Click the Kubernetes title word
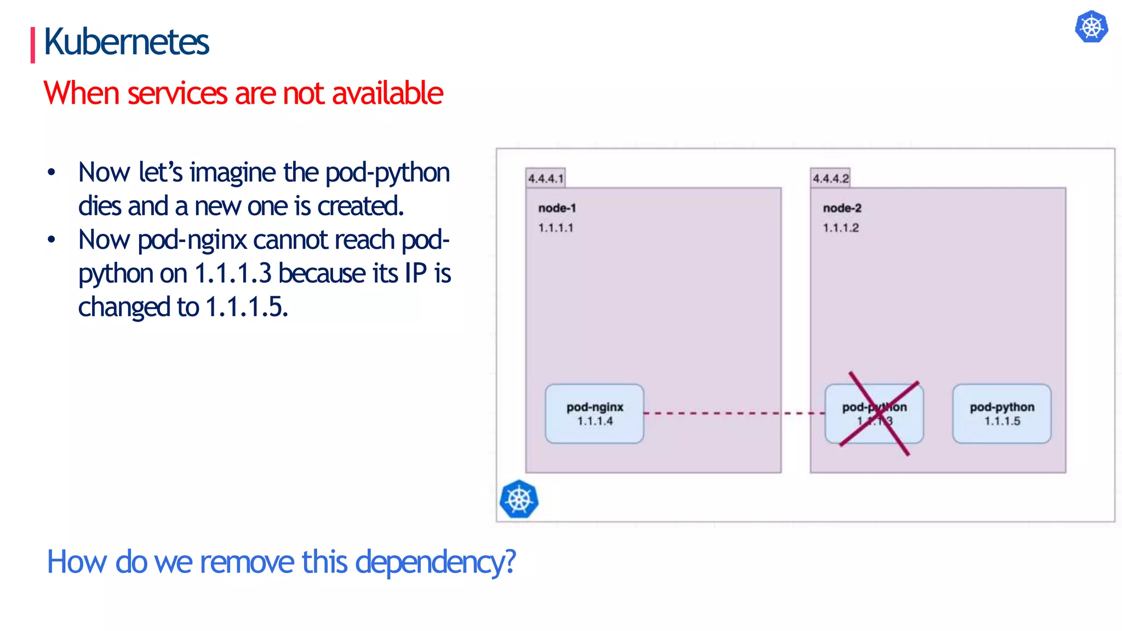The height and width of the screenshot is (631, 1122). click(x=126, y=42)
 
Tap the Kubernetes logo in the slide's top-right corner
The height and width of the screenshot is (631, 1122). click(x=1091, y=27)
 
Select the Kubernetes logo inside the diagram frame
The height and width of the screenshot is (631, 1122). click(x=519, y=499)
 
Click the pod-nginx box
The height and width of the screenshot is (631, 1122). click(x=594, y=414)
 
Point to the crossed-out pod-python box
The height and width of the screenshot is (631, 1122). click(x=874, y=414)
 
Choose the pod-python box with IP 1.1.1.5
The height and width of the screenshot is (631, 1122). click(x=1001, y=414)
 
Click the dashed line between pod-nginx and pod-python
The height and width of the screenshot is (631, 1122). click(x=734, y=413)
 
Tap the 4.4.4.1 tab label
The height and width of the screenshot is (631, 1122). click(x=546, y=179)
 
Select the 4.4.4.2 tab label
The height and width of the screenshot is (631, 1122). click(x=831, y=179)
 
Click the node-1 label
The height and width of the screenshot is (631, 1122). click(x=557, y=208)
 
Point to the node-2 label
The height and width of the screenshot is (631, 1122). click(x=842, y=208)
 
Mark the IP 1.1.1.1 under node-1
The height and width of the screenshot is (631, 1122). click(x=556, y=228)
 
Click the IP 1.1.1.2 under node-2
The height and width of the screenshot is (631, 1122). click(x=841, y=228)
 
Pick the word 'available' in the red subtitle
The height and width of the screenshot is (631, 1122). click(x=387, y=93)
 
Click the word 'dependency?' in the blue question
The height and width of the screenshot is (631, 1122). click(x=436, y=562)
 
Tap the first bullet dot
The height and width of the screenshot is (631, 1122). click(x=51, y=173)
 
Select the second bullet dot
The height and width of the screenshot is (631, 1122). click(x=51, y=239)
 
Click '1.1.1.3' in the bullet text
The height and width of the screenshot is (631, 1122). click(x=233, y=273)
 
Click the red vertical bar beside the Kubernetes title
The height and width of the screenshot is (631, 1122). click(x=33, y=45)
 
